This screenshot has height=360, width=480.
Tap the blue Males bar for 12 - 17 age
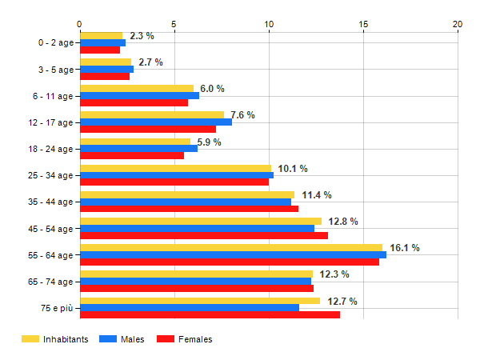coord(155,122)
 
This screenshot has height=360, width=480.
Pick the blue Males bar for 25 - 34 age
coord(176,175)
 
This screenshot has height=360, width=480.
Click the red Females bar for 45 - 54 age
coord(203,235)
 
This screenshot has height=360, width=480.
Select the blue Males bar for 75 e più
coord(189,307)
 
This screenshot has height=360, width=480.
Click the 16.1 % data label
coord(405,248)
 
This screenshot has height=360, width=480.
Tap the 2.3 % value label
coord(142,36)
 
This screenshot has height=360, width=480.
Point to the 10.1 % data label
coord(293,168)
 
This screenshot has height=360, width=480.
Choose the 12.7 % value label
coord(342,301)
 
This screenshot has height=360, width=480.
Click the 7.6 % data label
coord(242,115)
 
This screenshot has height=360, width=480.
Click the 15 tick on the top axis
coord(363,25)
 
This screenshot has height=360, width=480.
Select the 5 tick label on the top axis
coord(174,25)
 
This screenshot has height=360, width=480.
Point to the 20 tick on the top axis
coord(458,25)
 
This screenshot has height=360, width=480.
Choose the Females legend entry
coord(185,339)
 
